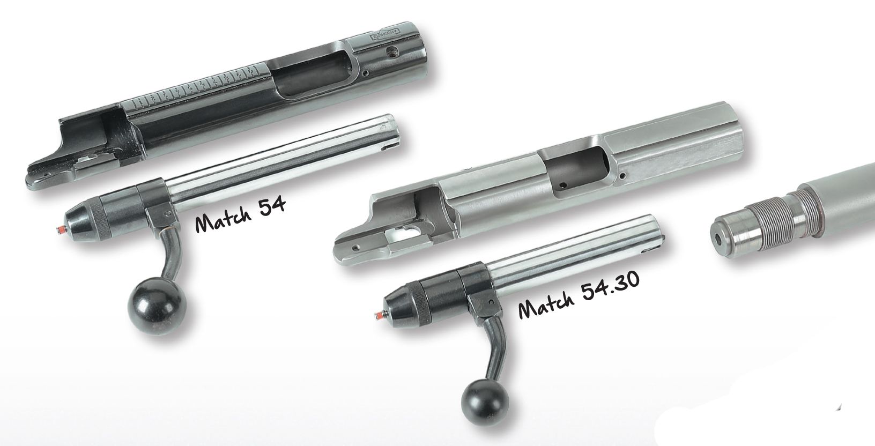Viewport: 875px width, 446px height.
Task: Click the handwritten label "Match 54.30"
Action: [579, 295]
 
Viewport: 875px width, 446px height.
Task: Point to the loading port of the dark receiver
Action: [313, 76]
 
